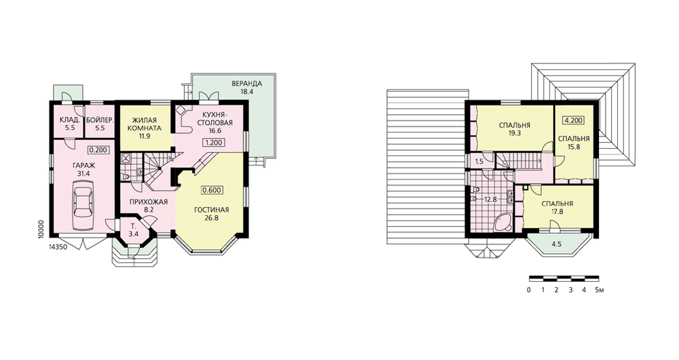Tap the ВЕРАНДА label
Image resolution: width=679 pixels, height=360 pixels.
pos(247,83)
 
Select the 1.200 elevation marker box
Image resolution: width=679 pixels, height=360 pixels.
pos(213,142)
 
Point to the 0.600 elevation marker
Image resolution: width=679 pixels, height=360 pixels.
pos(212,190)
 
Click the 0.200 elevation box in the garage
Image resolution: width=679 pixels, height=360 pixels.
pos(98,150)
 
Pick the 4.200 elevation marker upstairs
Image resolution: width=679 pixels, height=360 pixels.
pos(573,120)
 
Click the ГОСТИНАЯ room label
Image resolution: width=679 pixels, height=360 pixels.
pos(211,210)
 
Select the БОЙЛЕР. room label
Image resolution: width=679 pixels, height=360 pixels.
pos(100,120)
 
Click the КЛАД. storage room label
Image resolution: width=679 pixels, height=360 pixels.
pos(70,120)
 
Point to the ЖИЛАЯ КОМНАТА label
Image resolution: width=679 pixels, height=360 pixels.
pos(145,124)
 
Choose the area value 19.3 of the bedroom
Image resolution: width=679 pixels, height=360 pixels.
pos(515,133)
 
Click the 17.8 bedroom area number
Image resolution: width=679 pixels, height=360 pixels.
pos(557,212)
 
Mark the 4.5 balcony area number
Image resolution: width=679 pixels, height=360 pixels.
pos(557,244)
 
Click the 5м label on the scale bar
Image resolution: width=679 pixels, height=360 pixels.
pos(600,290)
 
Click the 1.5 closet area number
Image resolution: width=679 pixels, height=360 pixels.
pos(479,162)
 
